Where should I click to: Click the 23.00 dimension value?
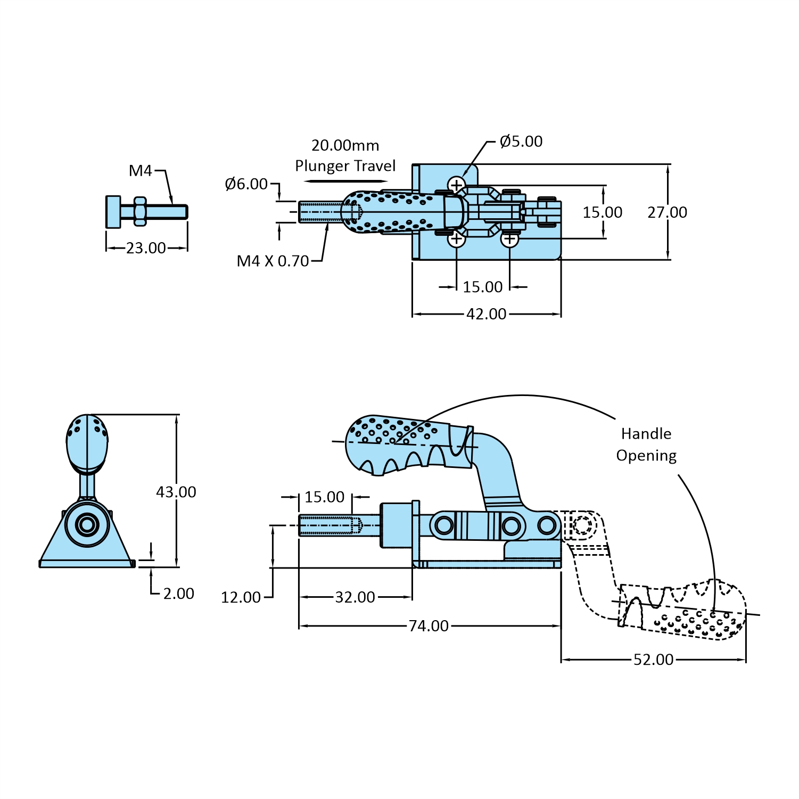click(146, 248)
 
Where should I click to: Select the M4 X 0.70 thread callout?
click(273, 261)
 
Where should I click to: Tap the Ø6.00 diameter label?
click(246, 184)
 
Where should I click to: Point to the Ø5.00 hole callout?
click(521, 141)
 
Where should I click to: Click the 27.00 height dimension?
click(667, 212)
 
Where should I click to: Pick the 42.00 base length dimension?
click(486, 314)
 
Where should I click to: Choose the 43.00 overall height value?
click(176, 492)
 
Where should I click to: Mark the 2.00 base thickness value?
click(178, 594)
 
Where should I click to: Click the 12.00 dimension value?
click(241, 597)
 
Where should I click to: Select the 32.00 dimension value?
click(355, 597)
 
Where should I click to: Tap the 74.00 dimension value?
click(429, 626)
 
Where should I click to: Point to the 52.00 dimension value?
click(653, 660)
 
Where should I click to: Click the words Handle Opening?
click(646, 444)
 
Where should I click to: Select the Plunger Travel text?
click(345, 166)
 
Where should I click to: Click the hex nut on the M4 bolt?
click(139, 212)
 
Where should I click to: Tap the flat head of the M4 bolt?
click(113, 212)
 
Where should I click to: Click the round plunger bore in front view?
click(86, 525)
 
